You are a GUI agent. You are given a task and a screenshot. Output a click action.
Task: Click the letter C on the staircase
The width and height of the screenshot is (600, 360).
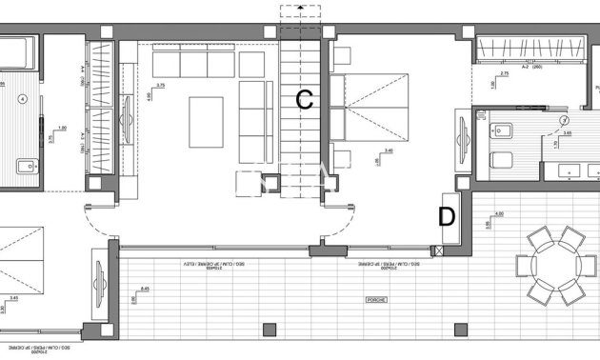[x=304, y=99]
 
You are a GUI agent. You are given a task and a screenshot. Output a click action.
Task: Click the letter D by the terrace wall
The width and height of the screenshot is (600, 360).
[x=446, y=215]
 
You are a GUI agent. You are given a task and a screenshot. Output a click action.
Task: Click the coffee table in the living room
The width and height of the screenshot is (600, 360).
[x=206, y=122]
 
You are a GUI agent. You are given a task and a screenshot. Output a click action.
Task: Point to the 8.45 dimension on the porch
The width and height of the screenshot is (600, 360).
[x=145, y=289]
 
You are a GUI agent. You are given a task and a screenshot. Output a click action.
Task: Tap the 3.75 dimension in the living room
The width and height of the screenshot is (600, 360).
[x=160, y=85]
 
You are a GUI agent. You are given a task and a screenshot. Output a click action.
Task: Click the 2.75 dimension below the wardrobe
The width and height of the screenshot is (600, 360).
[x=505, y=73]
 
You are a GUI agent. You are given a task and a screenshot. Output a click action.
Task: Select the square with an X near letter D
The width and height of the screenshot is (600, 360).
[x=438, y=250]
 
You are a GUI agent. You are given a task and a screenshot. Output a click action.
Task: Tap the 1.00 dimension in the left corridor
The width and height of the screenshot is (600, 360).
[x=62, y=130]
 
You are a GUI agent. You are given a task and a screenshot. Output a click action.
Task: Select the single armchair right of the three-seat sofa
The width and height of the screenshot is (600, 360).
[x=252, y=64]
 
